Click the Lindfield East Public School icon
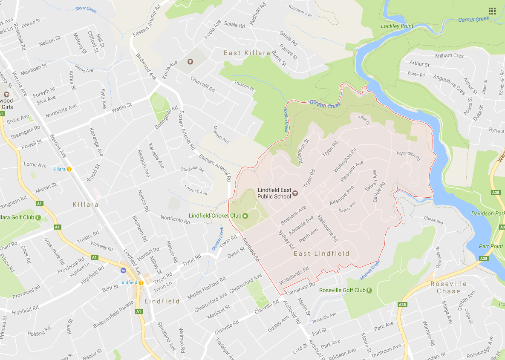294,194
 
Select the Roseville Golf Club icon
369,290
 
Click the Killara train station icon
69,169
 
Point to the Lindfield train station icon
141,282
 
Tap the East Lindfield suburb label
321,253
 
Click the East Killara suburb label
247,53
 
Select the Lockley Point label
397,26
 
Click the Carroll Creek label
473,19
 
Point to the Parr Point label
491,246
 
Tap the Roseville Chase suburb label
448,287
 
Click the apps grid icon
492,11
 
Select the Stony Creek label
86,9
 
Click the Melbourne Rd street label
328,228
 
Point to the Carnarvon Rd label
300,289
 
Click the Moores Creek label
369,270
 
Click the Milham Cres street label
449,56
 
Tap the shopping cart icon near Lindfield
124,270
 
